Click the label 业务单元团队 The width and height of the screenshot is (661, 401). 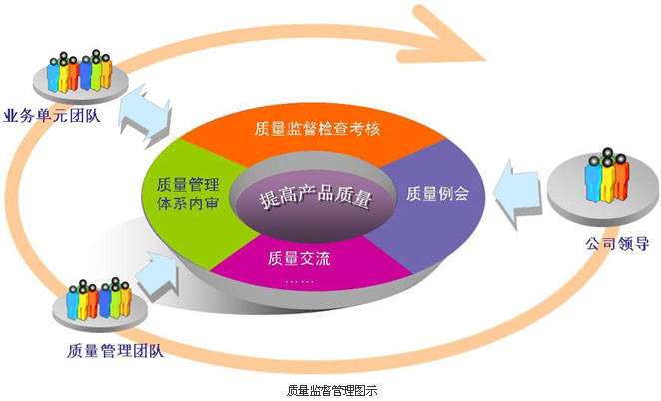click(x=52, y=115)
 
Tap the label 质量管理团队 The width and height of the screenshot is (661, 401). click(x=115, y=350)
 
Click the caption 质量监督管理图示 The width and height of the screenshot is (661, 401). click(x=331, y=390)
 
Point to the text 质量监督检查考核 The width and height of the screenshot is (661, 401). click(x=317, y=128)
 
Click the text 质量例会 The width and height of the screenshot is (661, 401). click(x=437, y=193)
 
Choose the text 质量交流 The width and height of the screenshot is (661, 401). click(x=299, y=258)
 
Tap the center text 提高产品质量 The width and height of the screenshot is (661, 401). click(x=317, y=198)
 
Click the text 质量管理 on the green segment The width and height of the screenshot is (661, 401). click(x=188, y=185)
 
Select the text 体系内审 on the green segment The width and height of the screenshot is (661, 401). click(x=188, y=203)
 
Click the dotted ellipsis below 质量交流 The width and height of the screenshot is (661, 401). click(x=299, y=281)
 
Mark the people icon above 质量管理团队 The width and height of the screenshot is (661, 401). click(x=98, y=298)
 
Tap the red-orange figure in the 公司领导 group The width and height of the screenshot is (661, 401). click(x=621, y=177)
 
